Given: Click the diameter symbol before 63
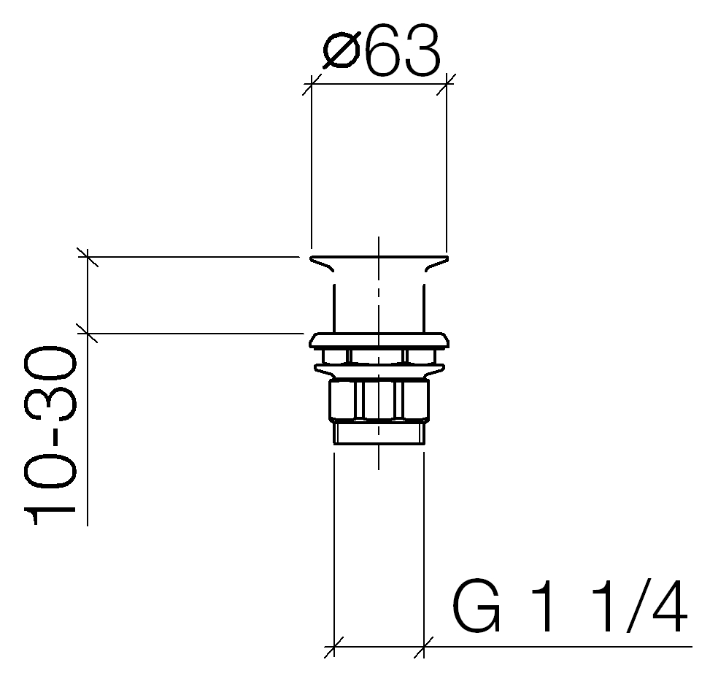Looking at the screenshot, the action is [341, 50].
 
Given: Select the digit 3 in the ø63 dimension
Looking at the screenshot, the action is [422, 50].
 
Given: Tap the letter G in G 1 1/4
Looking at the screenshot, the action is [476, 605].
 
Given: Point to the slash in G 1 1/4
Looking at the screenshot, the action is [637, 605].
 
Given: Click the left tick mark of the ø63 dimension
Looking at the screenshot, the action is [311, 84].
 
